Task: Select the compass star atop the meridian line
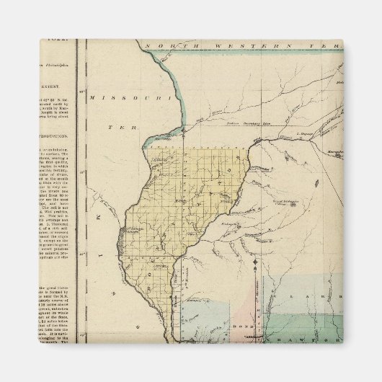[x=256, y=261]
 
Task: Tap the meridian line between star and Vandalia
[x=256, y=299]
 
